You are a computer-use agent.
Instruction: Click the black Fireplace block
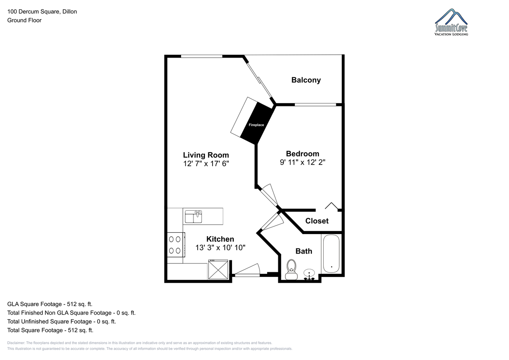[257, 123]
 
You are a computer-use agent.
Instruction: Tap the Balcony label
[306, 80]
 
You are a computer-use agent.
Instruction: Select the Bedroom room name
[302, 154]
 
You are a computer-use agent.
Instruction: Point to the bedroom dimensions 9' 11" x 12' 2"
[302, 162]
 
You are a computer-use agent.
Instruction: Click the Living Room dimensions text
[206, 164]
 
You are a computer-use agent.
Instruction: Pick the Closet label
[317, 221]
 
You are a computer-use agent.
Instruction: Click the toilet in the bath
[291, 270]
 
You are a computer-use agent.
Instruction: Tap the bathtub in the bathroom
[331, 254]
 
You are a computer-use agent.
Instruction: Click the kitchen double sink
[193, 216]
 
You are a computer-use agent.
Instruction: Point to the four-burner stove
[176, 245]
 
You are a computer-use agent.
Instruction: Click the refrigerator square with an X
[218, 269]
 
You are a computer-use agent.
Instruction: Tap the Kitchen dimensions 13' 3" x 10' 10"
[221, 248]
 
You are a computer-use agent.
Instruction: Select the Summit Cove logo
[451, 22]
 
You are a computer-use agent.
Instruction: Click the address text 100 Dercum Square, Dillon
[42, 11]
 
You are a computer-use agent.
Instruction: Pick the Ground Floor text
[24, 20]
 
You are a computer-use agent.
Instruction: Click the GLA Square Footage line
[50, 304]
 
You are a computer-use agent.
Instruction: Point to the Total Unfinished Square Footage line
[62, 321]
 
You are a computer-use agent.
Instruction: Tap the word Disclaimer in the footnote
[16, 343]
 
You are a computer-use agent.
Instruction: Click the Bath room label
[304, 251]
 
